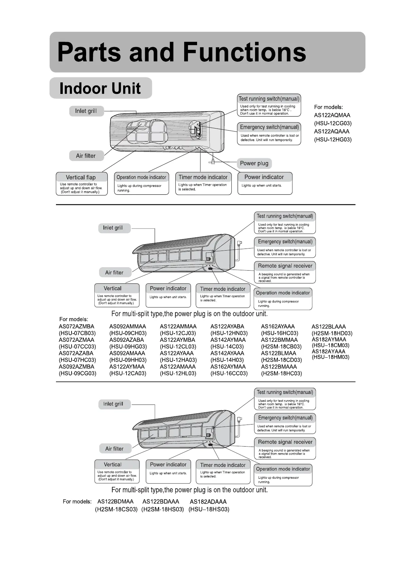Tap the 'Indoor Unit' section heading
(100, 88)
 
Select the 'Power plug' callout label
(254, 163)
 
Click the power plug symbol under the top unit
(212, 162)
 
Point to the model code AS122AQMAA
(332, 115)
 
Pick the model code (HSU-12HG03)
(333, 140)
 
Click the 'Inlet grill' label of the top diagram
(86, 111)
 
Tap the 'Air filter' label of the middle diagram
(114, 273)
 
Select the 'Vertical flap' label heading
(81, 177)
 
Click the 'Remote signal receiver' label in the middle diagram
(285, 266)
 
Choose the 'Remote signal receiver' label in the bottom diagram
(285, 442)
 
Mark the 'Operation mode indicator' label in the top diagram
(141, 177)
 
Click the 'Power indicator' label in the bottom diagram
(168, 465)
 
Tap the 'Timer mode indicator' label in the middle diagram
(223, 289)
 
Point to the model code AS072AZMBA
(77, 327)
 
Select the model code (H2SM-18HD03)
(332, 333)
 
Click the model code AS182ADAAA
(208, 502)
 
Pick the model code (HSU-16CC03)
(229, 373)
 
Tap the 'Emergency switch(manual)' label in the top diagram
(269, 127)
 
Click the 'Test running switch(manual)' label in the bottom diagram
(285, 392)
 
